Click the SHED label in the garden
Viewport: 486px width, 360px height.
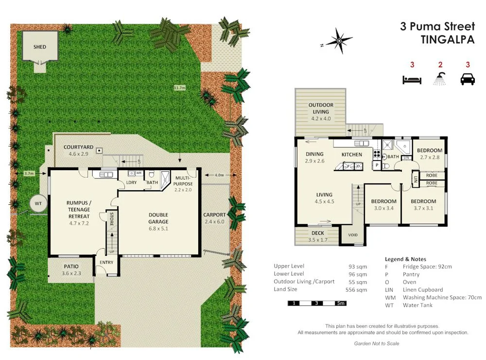pos(40,47)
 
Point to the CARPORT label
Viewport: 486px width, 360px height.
pos(214,215)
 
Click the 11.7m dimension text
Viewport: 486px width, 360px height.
pos(180,88)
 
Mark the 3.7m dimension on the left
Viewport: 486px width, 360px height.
pos(29,173)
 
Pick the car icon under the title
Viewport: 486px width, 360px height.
pos(468,79)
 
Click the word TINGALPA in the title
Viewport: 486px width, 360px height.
pos(447,40)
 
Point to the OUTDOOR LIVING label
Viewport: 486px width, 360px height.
pos(321,108)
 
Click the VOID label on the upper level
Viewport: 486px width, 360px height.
pos(353,235)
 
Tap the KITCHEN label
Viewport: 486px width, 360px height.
pos(352,154)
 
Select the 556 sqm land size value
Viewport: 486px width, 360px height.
pos(357,290)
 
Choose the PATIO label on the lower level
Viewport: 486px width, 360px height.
pos(71,267)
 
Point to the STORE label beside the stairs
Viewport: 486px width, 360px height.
pos(112,218)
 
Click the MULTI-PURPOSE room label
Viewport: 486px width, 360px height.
pos(184,181)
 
